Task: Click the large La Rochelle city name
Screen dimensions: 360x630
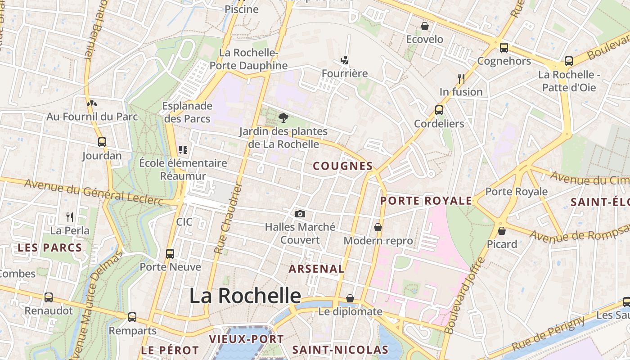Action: (x=245, y=296)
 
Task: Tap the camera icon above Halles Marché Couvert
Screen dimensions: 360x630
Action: (x=300, y=214)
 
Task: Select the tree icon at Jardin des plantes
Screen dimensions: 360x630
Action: (x=283, y=118)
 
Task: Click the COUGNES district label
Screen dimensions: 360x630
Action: (x=343, y=166)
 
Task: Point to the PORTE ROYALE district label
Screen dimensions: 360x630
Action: (x=426, y=201)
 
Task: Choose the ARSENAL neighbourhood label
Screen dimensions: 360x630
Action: (x=316, y=269)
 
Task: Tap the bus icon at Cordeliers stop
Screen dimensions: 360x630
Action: (x=439, y=110)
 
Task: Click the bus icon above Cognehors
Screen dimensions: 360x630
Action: (x=504, y=47)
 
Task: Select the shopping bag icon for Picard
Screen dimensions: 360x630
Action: (x=502, y=231)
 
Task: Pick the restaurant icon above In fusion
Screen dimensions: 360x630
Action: (x=461, y=79)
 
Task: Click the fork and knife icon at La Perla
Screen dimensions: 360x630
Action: (x=70, y=217)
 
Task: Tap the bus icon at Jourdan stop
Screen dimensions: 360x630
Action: (x=102, y=142)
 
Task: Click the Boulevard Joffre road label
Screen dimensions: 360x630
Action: (x=465, y=295)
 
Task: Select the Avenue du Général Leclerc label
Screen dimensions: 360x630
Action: (x=94, y=192)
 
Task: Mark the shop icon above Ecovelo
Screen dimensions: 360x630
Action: (x=425, y=26)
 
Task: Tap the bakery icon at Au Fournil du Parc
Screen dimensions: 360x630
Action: (x=92, y=103)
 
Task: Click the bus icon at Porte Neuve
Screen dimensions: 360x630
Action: (x=170, y=253)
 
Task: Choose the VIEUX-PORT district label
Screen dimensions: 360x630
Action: (x=247, y=339)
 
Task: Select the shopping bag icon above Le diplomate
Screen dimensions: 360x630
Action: (x=350, y=298)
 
